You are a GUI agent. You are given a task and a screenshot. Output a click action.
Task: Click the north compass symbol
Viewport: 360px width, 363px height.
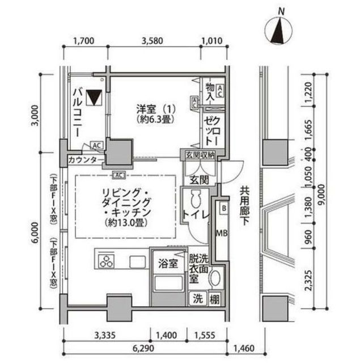click(278, 31)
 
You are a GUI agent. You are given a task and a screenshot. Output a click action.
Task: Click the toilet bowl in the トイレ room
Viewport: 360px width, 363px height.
click(196, 199)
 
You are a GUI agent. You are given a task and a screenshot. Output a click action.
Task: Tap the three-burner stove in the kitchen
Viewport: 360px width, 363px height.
click(107, 261)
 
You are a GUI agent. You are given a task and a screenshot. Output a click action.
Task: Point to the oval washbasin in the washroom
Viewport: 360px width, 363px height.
click(215, 278)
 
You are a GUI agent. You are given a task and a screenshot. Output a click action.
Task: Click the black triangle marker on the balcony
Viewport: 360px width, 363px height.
click(94, 98)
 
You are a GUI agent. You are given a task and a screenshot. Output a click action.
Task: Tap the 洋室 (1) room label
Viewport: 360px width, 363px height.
click(156, 108)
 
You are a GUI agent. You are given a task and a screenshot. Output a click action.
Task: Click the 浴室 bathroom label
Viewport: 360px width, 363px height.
click(168, 263)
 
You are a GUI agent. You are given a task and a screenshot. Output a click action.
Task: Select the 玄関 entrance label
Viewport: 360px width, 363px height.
click(199, 180)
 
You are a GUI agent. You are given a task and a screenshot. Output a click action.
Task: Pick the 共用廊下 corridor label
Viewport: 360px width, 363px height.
click(244, 206)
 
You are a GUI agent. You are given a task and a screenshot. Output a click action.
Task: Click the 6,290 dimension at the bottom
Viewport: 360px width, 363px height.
click(143, 348)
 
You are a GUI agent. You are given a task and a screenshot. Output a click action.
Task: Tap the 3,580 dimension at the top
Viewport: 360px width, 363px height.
click(153, 41)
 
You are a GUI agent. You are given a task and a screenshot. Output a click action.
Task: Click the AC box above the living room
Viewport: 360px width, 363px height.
click(119, 175)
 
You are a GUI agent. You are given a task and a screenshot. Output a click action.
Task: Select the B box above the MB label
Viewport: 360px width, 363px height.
click(224, 208)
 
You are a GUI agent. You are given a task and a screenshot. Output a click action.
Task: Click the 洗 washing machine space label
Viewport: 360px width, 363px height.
click(198, 298)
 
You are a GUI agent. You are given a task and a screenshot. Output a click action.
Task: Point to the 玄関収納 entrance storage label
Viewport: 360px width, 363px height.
click(200, 155)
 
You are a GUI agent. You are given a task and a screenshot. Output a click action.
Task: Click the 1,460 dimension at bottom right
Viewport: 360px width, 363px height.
click(244, 348)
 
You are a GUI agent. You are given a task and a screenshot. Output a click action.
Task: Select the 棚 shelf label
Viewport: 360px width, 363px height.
click(215, 300)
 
